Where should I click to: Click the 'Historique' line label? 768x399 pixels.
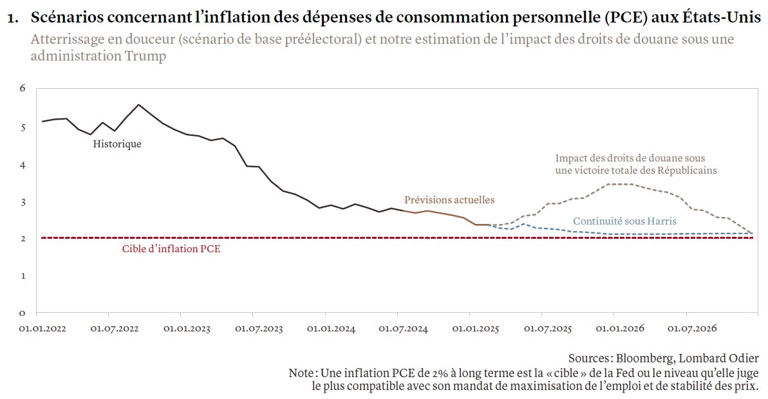117,144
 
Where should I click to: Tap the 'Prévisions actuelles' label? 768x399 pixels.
449,200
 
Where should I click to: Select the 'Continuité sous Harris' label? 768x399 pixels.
615,221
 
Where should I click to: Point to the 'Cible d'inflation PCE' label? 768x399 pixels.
171,249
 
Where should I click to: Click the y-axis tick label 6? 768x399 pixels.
22,88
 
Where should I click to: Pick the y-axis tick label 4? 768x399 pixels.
22,165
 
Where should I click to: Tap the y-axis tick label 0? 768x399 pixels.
22,313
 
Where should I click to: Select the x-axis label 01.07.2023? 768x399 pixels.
259,329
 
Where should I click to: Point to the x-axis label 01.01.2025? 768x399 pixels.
476,329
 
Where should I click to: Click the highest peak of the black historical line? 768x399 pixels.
139,104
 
